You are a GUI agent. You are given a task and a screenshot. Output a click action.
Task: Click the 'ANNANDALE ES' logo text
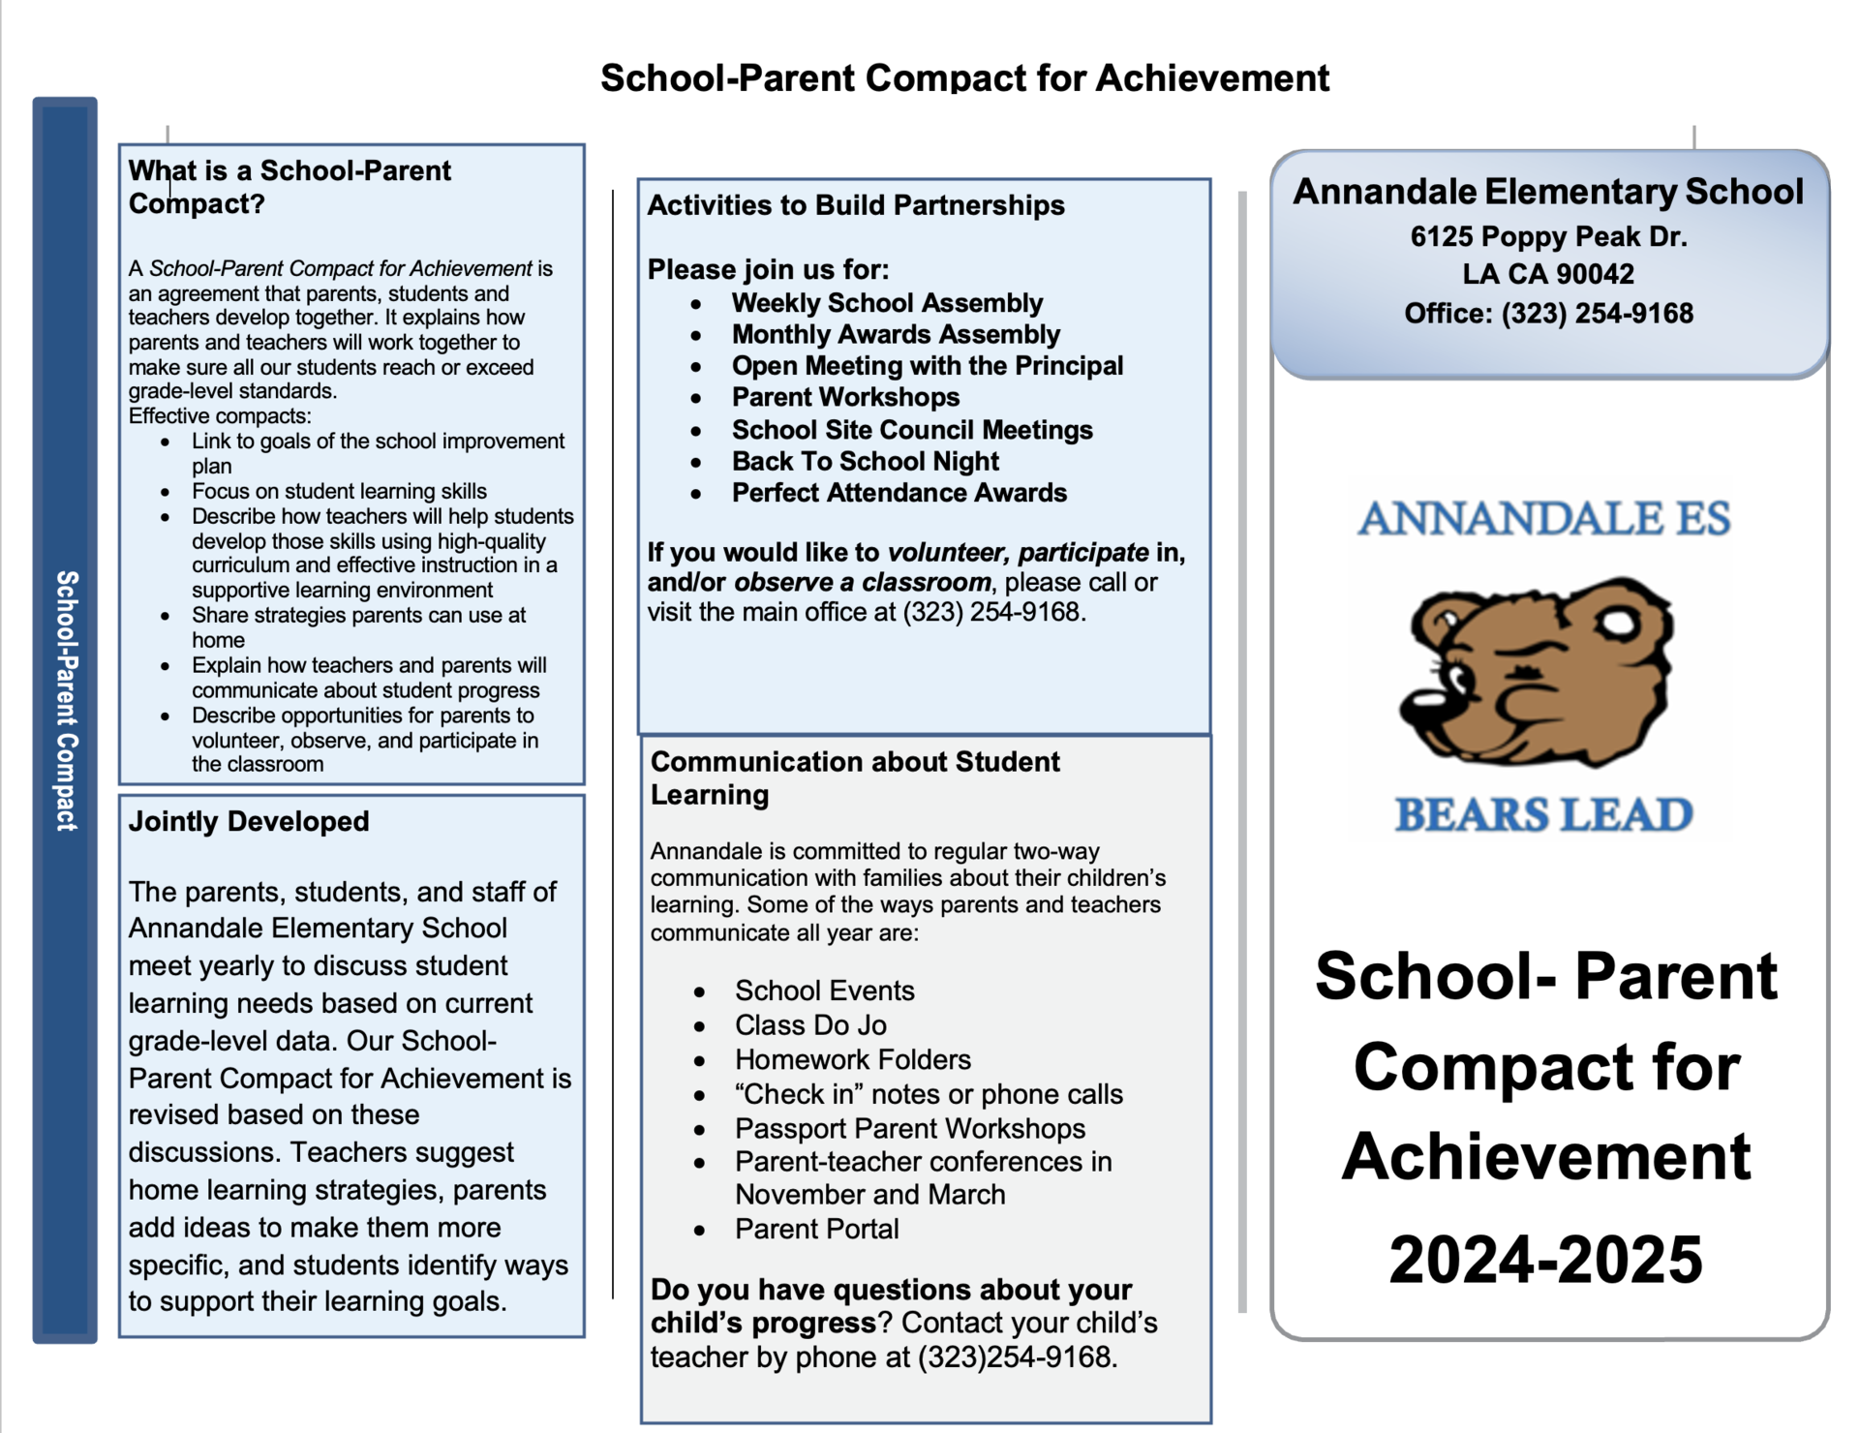tap(1543, 519)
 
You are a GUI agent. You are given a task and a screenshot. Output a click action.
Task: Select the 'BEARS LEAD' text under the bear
tap(1543, 815)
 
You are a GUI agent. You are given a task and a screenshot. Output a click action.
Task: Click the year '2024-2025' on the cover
tap(1545, 1260)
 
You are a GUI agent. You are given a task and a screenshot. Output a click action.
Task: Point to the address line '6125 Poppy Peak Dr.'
tap(1548, 236)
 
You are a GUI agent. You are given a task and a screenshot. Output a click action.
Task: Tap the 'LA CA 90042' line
tap(1548, 274)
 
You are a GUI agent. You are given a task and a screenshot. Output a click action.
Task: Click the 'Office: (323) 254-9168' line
tap(1548, 314)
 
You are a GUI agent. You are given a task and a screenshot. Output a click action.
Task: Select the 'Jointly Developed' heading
tap(249, 821)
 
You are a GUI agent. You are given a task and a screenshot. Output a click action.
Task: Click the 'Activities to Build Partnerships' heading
tap(856, 205)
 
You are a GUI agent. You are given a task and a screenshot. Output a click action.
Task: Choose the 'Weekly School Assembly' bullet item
tap(887, 303)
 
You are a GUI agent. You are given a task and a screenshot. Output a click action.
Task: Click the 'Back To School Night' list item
tap(865, 461)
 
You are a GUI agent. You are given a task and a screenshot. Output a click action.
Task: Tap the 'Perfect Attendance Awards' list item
tap(899, 493)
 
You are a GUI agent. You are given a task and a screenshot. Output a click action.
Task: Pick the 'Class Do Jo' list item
tap(810, 1024)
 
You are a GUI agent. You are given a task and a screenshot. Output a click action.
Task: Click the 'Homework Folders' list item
tap(852, 1059)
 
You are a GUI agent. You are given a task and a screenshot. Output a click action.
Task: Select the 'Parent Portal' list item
tap(816, 1229)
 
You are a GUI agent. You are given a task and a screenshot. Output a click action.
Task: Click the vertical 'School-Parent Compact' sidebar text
tap(66, 700)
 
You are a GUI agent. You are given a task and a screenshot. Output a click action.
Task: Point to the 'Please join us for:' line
tap(768, 269)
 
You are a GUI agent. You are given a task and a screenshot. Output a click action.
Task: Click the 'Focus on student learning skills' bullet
tap(339, 491)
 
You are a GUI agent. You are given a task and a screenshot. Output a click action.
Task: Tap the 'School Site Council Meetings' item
tap(912, 430)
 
